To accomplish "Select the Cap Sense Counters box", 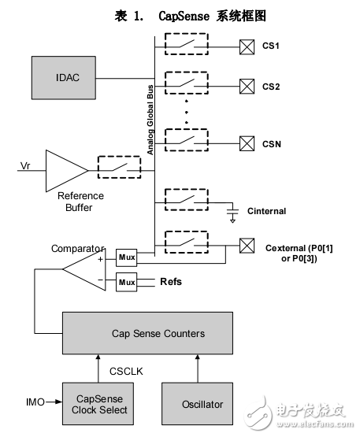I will pos(147,333).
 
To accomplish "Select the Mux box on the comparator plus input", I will pos(127,257).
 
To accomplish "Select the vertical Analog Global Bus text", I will pos(150,109).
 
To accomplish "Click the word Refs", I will pos(171,281).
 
